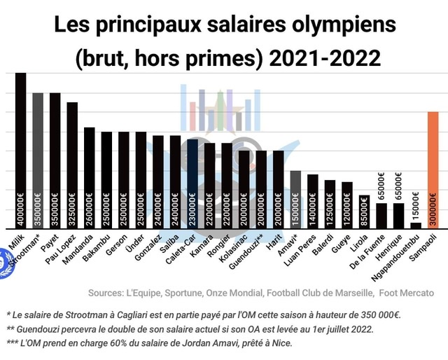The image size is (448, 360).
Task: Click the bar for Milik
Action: pos(20,151)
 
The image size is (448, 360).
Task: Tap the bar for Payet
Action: pos(55,160)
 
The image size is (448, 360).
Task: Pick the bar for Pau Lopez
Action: pos(72,165)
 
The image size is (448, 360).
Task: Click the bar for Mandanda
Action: pos(89,178)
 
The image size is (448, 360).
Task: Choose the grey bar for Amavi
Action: pos(295,200)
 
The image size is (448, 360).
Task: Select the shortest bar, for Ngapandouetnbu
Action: pos(416,226)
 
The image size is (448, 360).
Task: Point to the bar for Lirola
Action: pos(364,212)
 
